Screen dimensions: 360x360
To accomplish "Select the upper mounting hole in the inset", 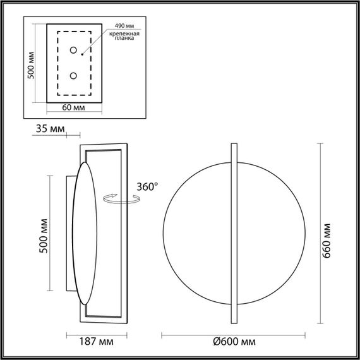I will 74,51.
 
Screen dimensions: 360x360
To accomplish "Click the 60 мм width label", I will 75,107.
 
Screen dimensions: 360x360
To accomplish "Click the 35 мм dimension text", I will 49,129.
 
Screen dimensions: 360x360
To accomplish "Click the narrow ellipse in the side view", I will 85,234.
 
